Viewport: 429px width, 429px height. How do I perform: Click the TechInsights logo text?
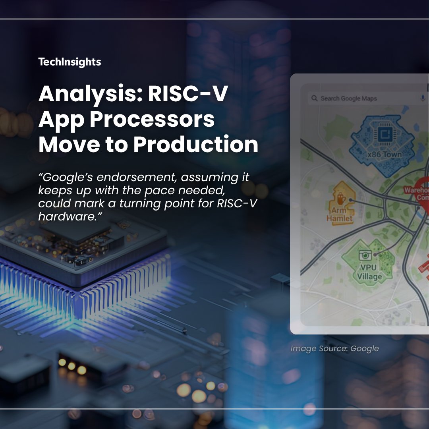pyautogui.click(x=70, y=62)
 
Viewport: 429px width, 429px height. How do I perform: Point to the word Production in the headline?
pyautogui.click(x=195, y=145)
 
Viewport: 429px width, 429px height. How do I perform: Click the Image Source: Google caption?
pyautogui.click(x=334, y=349)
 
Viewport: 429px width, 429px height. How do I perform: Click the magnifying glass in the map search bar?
pyautogui.click(x=314, y=98)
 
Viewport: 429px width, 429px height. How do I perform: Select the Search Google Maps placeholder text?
pyautogui.click(x=349, y=99)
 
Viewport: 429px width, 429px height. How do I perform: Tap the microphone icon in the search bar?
pyautogui.click(x=423, y=98)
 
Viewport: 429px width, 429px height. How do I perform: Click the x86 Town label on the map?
pyautogui.click(x=384, y=154)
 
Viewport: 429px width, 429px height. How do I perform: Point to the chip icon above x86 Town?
pyautogui.click(x=384, y=135)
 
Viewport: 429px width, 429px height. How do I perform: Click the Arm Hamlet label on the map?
pyautogui.click(x=340, y=214)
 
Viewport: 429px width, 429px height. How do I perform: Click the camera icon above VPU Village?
pyautogui.click(x=365, y=255)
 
